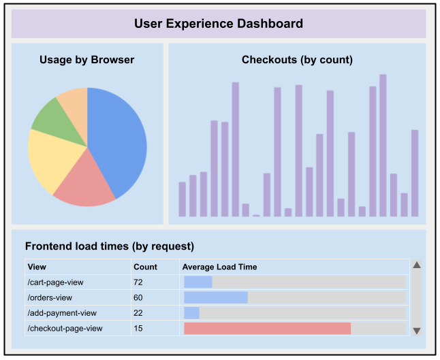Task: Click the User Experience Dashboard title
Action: click(219, 24)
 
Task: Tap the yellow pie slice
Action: click(51, 160)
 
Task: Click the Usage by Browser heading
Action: click(87, 60)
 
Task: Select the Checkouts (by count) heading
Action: click(297, 60)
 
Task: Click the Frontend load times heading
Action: click(110, 246)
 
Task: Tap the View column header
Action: click(37, 267)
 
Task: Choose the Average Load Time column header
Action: click(219, 267)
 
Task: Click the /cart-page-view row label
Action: click(55, 282)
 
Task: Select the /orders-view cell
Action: click(50, 297)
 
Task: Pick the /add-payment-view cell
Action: click(62, 313)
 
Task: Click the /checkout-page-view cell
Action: click(65, 329)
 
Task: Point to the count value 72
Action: click(138, 282)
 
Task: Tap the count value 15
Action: click(138, 329)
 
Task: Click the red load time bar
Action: click(267, 329)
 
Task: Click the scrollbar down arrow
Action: click(417, 331)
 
